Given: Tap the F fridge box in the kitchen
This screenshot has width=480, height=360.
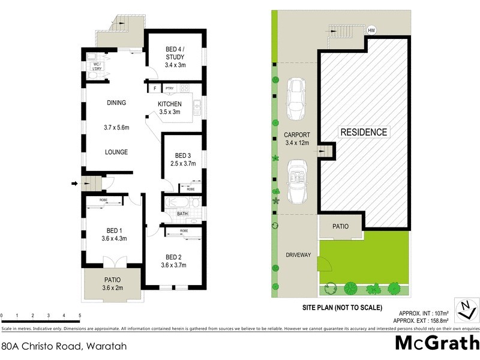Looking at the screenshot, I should coord(155,88).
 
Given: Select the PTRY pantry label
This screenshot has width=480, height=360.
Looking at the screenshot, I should coord(169,88).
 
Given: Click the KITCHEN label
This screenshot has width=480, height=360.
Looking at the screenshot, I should coord(169,104).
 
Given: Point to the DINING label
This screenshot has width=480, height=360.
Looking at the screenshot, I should coord(116,103).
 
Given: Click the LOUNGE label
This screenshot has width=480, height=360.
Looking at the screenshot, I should coord(116,152).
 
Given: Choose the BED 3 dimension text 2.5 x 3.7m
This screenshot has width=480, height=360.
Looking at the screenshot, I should coord(184,163).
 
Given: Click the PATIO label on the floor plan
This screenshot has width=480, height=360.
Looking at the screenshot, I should coord(112,279).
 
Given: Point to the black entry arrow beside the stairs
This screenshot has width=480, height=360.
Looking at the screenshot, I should coord(75,184).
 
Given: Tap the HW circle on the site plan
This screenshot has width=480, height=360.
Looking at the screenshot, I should coord(371,29).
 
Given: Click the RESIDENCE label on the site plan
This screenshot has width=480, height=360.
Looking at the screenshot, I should coord(364,132).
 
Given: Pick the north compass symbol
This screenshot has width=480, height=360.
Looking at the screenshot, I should coord(466,310).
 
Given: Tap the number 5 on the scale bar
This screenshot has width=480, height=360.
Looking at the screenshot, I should coord(80,316).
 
